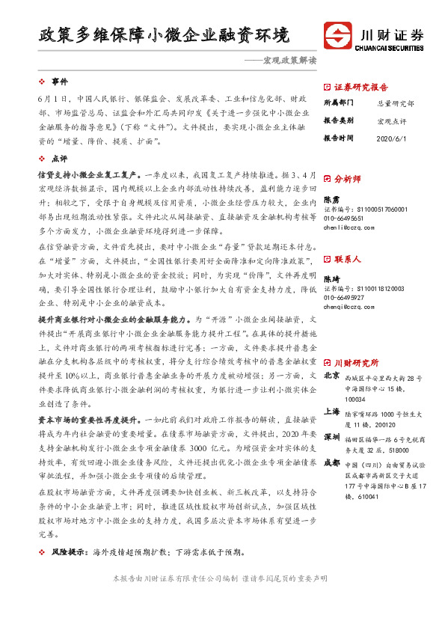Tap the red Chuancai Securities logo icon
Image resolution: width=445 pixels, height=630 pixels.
point(337,36)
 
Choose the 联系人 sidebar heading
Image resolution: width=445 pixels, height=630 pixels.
point(348,259)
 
